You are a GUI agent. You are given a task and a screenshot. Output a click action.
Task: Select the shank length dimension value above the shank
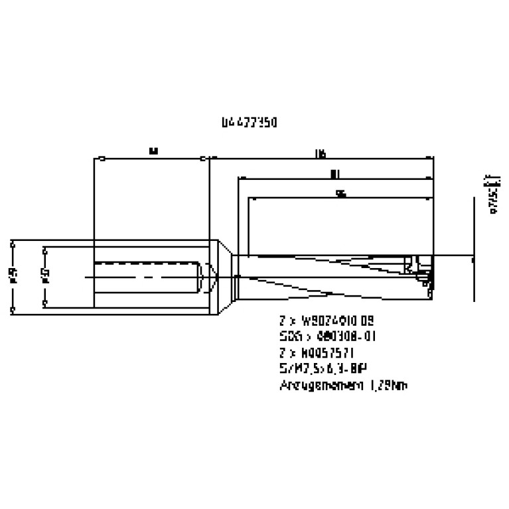(153, 151)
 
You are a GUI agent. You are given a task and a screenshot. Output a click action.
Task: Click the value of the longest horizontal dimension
(321, 153)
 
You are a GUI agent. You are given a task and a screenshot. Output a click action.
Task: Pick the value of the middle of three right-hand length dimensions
(334, 173)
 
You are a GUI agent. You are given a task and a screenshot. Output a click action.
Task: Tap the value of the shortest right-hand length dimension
(341, 194)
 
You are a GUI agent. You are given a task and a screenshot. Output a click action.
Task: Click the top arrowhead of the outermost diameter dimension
(13, 245)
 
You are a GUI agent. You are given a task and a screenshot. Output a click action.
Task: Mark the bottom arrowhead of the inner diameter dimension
(44, 303)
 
